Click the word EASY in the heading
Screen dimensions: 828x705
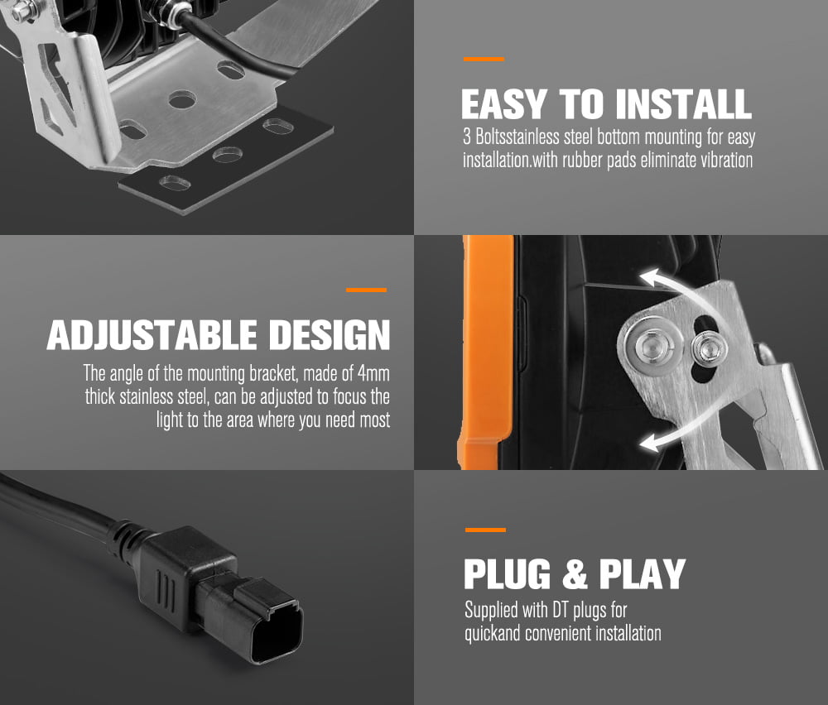coord(504,104)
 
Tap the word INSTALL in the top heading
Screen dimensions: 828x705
coord(683,104)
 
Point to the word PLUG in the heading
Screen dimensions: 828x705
coord(508,573)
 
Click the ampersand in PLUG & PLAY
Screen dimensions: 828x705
coord(575,573)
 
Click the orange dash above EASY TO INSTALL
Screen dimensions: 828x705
coord(484,59)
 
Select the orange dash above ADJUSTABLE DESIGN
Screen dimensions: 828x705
coord(367,290)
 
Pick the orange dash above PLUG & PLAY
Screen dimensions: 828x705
coord(486,530)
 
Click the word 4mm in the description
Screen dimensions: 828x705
coord(374,374)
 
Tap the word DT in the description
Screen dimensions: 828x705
coord(561,610)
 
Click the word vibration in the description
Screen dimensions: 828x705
coord(726,160)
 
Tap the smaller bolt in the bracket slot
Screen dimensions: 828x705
coord(710,349)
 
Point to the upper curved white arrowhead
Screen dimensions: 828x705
coord(651,278)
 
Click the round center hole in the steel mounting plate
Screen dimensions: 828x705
coord(182,99)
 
